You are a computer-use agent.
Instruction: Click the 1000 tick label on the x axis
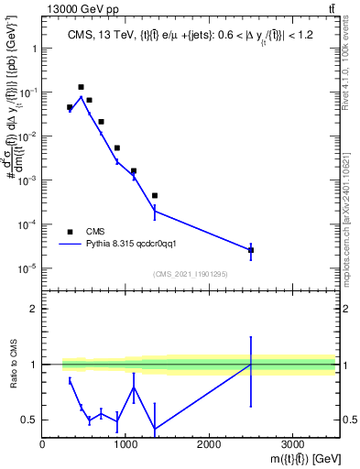pos(125,442)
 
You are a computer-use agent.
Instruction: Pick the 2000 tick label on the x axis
pos(209,442)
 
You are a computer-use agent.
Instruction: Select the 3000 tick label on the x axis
pos(292,442)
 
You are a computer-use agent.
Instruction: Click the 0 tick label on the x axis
pos(43,442)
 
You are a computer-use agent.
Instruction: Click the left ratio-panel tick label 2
pos(34,309)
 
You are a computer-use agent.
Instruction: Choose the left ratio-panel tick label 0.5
pos(29,420)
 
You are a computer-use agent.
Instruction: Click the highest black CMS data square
pos(82,87)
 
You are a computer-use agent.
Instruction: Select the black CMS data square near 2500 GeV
pos(251,250)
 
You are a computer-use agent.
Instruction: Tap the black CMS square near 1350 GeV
pos(155,195)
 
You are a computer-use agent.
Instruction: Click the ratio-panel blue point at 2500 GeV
pos(251,365)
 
